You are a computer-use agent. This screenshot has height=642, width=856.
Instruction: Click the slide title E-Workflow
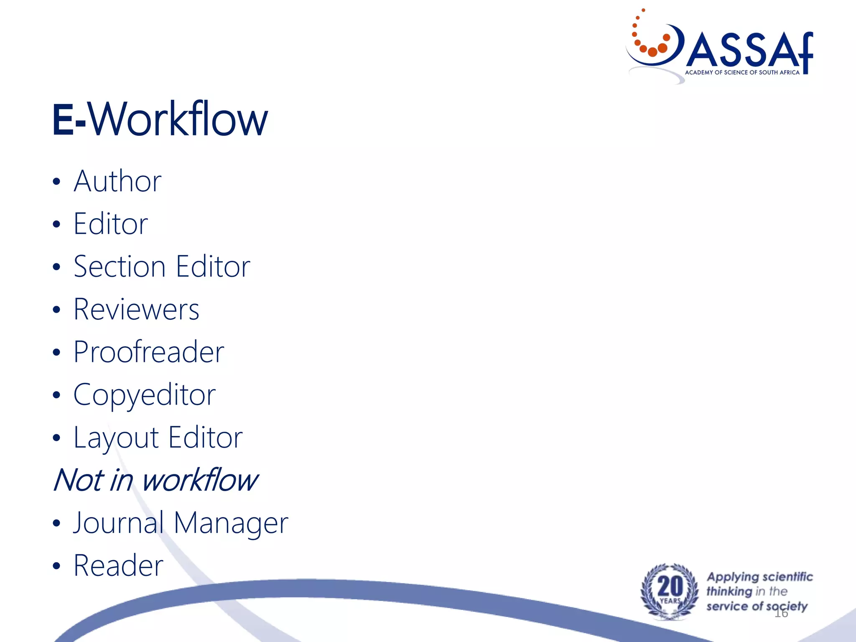(160, 120)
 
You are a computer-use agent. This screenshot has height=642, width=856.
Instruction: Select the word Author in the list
(117, 181)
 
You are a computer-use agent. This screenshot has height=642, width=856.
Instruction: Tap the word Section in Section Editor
(120, 267)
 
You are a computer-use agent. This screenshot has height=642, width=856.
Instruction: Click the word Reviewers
(136, 310)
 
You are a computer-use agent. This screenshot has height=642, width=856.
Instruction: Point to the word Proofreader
(149, 352)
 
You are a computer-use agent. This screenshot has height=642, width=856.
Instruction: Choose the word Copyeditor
(144, 395)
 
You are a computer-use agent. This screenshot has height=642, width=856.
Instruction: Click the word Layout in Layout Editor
(116, 438)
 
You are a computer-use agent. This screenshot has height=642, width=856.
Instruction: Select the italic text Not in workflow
(155, 480)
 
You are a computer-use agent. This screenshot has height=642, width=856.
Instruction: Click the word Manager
(231, 523)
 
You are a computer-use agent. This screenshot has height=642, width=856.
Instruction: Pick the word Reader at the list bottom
(118, 566)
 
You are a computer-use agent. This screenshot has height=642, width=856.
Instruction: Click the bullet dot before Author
(57, 182)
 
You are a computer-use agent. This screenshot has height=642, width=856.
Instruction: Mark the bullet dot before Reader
(57, 566)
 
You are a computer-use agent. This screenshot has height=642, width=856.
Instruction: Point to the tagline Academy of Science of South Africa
(742, 73)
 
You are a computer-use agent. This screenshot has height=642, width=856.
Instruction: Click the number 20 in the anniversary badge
(670, 586)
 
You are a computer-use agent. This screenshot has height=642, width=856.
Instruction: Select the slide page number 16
(781, 613)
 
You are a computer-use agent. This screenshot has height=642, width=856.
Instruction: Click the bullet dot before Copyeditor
(57, 395)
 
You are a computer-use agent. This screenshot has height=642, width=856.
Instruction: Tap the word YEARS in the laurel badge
(670, 601)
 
